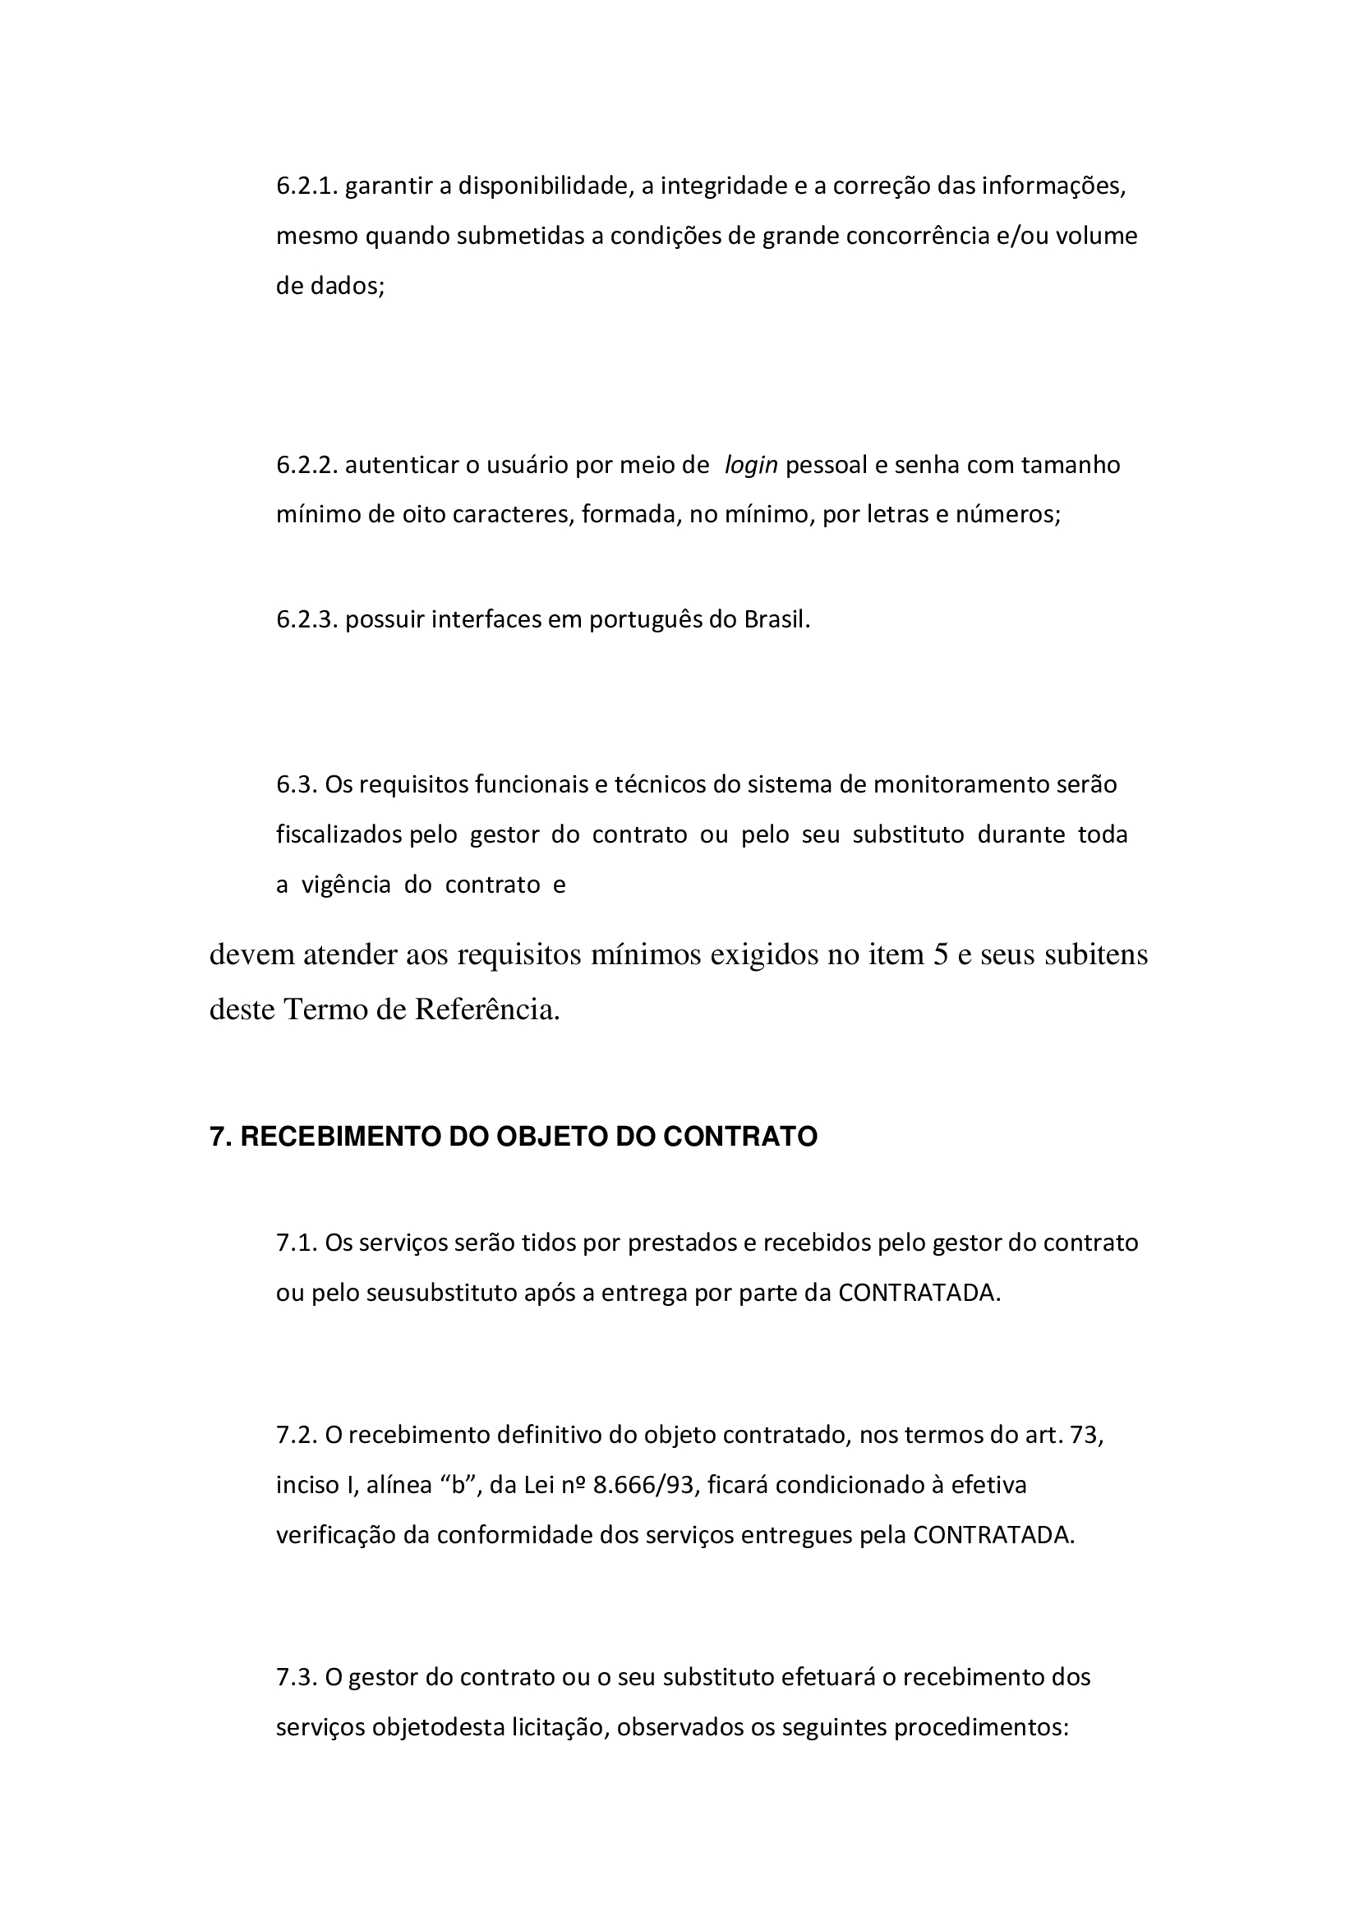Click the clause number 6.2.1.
click(x=306, y=186)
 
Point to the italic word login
click(x=751, y=465)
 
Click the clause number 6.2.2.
click(x=306, y=465)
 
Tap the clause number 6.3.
click(x=297, y=785)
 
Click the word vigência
click(x=346, y=885)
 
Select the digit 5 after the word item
click(x=940, y=954)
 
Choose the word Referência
click(x=487, y=1010)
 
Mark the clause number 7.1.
click(x=297, y=1243)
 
